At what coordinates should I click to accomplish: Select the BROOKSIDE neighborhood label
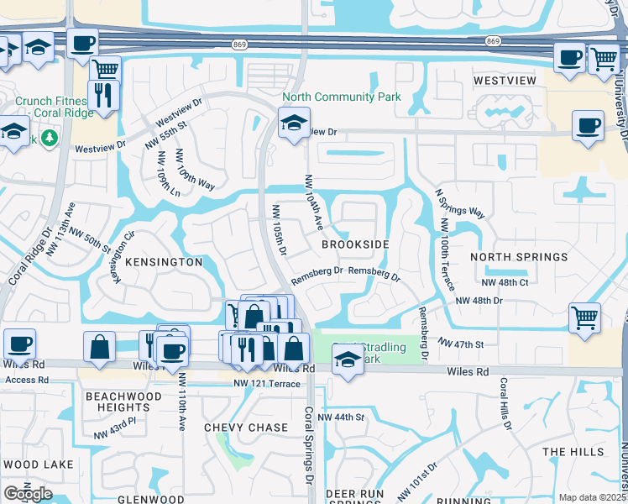click(x=355, y=244)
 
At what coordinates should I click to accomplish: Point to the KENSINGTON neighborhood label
click(x=164, y=262)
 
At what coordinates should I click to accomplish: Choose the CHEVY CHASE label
click(x=246, y=428)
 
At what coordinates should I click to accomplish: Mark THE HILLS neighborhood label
click(x=573, y=452)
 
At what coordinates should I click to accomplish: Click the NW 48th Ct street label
click(x=506, y=282)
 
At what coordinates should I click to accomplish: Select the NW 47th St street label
click(x=461, y=344)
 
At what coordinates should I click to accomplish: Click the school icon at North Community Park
click(x=294, y=123)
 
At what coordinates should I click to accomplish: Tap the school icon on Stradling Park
click(x=347, y=359)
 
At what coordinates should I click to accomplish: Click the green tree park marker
click(x=50, y=137)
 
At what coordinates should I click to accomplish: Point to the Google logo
click(x=29, y=494)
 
